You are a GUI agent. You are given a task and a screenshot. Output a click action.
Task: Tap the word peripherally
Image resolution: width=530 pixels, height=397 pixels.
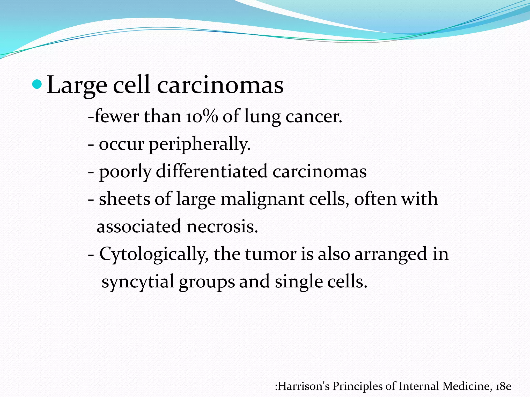click(200, 144)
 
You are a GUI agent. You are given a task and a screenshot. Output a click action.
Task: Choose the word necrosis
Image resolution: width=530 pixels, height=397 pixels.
click(222, 226)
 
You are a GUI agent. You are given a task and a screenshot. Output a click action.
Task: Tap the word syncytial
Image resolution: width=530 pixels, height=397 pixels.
click(138, 282)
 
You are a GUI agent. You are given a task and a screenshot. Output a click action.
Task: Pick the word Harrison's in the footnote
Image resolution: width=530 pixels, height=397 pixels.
click(304, 386)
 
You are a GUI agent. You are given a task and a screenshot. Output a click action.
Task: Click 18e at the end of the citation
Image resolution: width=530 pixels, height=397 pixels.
click(503, 386)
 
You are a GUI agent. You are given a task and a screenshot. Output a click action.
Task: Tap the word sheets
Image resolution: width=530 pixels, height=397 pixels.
click(124, 199)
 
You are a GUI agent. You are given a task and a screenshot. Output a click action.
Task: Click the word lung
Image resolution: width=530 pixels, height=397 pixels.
click(262, 117)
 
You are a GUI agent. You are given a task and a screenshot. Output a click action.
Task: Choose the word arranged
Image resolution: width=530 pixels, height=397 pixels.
click(391, 254)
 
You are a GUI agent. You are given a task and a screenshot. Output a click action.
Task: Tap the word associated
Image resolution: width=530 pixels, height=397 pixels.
click(139, 226)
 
